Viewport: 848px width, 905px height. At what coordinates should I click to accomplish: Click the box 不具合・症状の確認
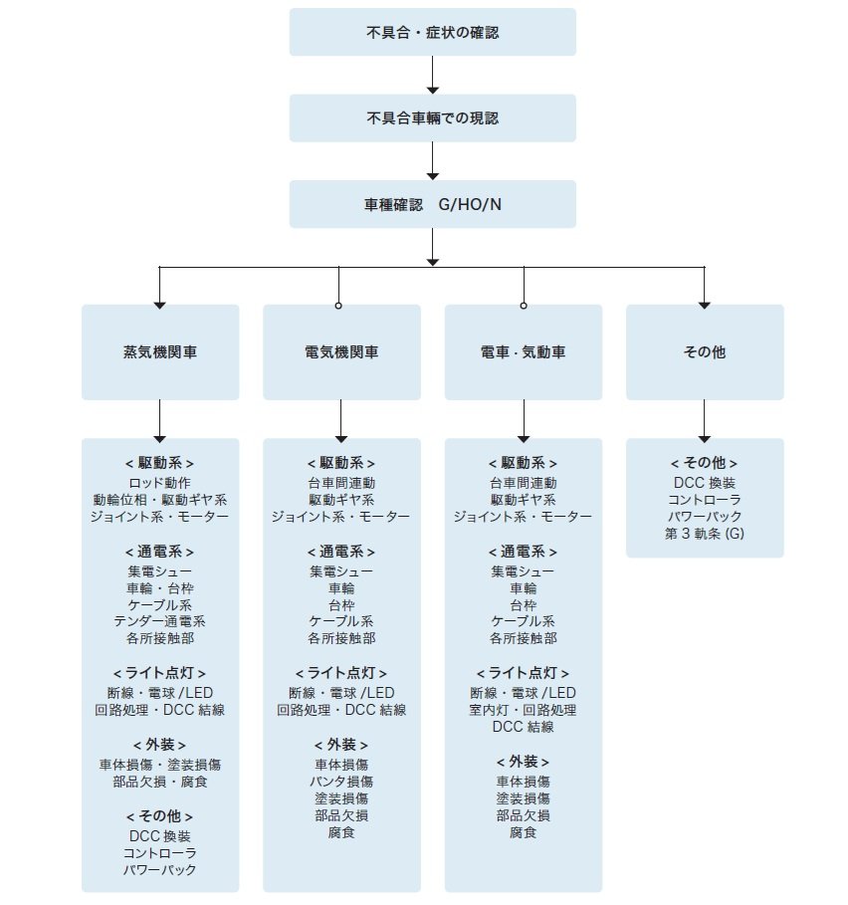pyautogui.click(x=432, y=32)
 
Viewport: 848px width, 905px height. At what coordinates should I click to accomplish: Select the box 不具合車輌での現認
pyautogui.click(x=432, y=117)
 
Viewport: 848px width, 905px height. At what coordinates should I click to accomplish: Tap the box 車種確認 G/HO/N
pyautogui.click(x=432, y=204)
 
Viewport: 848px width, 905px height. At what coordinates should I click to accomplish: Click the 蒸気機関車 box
pyautogui.click(x=160, y=352)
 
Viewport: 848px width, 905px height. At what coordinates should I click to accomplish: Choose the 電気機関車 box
pyautogui.click(x=341, y=352)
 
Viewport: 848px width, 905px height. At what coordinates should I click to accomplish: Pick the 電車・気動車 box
pyautogui.click(x=524, y=352)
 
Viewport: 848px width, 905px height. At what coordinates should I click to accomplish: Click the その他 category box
pyautogui.click(x=705, y=352)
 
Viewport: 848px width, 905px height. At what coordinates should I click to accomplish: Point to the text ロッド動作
pyautogui.click(x=160, y=483)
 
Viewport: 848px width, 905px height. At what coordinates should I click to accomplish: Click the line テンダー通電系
pyautogui.click(x=160, y=621)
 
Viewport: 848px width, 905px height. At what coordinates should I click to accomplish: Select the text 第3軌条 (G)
pyautogui.click(x=705, y=534)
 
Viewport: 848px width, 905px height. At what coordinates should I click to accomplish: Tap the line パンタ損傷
pyautogui.click(x=341, y=782)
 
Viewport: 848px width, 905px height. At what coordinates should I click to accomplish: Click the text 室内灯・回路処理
pyautogui.click(x=524, y=710)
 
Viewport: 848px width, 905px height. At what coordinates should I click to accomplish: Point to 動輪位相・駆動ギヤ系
pyautogui.click(x=160, y=500)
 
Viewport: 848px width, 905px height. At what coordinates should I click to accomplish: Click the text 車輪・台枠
pyautogui.click(x=160, y=588)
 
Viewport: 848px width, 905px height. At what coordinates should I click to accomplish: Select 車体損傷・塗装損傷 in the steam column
pyautogui.click(x=160, y=765)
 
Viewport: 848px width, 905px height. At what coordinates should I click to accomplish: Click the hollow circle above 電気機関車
pyautogui.click(x=338, y=306)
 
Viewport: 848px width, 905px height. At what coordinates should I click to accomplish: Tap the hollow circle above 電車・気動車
pyautogui.click(x=524, y=306)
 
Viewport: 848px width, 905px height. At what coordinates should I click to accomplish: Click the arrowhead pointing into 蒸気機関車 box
pyautogui.click(x=160, y=306)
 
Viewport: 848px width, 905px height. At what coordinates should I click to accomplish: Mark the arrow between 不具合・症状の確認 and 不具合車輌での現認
pyautogui.click(x=433, y=75)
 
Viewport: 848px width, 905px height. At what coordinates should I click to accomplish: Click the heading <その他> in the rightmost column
pyautogui.click(x=705, y=463)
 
